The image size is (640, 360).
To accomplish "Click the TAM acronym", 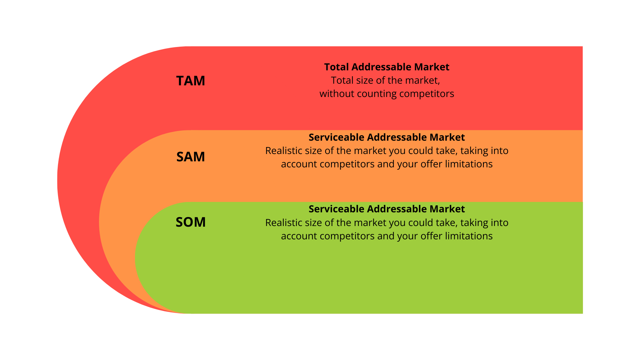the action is tap(190, 81).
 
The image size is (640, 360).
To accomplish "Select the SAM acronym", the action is tap(190, 157).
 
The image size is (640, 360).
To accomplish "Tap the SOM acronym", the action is tap(190, 222).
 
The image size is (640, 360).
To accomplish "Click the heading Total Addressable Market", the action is tap(387, 67).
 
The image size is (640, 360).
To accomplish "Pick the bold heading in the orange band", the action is tap(387, 137).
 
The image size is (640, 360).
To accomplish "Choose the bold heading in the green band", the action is tap(387, 209).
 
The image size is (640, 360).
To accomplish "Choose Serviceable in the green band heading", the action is tap(336, 209).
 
